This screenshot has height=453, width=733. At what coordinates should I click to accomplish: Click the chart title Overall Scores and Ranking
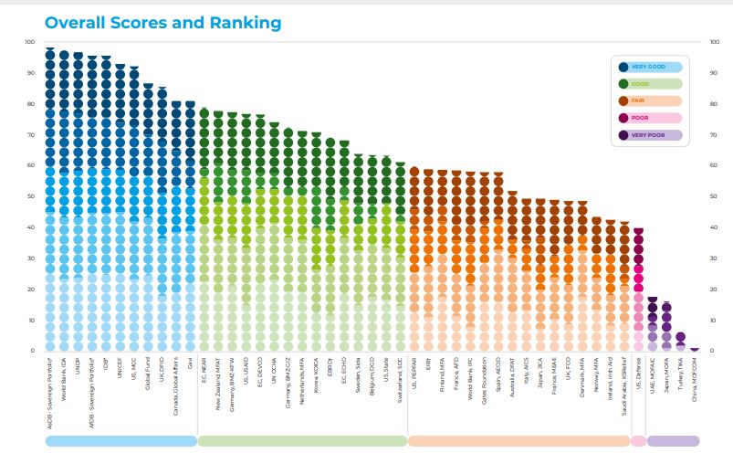click(x=162, y=23)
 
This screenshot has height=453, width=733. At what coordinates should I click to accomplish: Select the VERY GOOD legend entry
click(x=651, y=66)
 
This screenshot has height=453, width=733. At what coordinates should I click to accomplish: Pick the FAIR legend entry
click(x=651, y=100)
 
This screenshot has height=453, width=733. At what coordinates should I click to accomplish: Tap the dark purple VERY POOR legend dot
click(x=623, y=135)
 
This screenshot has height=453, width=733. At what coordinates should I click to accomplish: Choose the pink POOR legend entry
click(x=651, y=118)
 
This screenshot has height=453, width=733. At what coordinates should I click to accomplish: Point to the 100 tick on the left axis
click(x=28, y=42)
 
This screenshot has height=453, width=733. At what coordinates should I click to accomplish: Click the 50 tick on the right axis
click(x=713, y=196)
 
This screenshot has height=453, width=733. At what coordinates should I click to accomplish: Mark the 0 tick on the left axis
click(x=32, y=351)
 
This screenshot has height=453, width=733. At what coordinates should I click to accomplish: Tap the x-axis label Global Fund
click(x=148, y=380)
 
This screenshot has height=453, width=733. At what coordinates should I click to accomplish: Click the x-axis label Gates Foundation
click(x=484, y=384)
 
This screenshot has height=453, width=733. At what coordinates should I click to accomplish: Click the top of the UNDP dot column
click(x=78, y=56)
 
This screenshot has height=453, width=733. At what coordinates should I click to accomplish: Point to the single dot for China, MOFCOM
click(x=695, y=349)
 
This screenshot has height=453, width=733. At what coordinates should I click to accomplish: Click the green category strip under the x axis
click(x=302, y=440)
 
